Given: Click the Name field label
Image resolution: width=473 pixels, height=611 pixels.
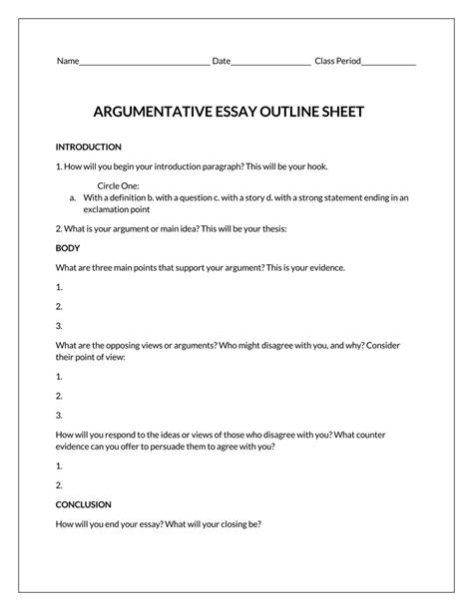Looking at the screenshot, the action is (67, 62).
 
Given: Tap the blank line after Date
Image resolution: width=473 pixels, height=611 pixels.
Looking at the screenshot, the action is (270, 63).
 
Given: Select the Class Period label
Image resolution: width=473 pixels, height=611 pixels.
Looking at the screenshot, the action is (337, 62).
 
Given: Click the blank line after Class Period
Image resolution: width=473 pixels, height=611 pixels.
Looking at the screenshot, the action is (389, 63).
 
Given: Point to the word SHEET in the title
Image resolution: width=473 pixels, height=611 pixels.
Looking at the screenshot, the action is (342, 112).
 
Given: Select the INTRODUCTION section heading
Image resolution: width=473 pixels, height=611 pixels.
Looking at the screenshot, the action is (89, 147).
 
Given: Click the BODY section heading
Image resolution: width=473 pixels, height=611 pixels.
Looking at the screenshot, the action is (68, 247).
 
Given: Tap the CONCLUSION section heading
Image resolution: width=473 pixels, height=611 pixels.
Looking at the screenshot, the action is (84, 504).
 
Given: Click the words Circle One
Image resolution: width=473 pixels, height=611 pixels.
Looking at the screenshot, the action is (119, 185).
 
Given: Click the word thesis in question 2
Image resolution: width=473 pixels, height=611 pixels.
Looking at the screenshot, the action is (270, 228).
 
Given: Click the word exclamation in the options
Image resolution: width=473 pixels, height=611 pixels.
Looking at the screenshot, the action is (107, 209).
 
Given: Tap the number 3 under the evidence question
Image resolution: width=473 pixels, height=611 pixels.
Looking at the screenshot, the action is (60, 325).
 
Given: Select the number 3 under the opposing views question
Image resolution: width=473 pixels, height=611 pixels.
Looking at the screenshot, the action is (60, 415).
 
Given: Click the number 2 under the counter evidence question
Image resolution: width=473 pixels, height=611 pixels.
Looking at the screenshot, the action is (60, 484).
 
